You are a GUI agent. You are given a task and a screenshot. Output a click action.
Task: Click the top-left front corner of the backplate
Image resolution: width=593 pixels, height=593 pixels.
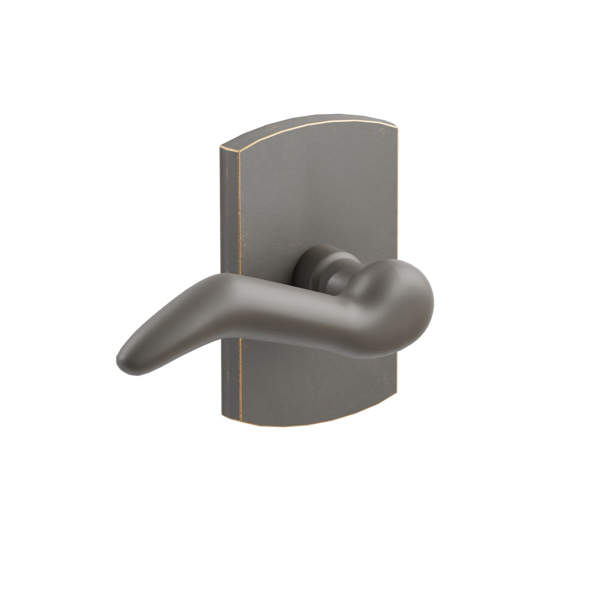tap(238, 151)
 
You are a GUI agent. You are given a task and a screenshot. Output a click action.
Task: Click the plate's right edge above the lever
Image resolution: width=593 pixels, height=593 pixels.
tap(398, 200)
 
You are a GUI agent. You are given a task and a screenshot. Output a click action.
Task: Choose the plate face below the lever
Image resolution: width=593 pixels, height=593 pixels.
tap(319, 387)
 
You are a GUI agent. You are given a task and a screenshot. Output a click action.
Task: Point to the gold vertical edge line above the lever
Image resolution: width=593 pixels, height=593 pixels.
tap(238, 215)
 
